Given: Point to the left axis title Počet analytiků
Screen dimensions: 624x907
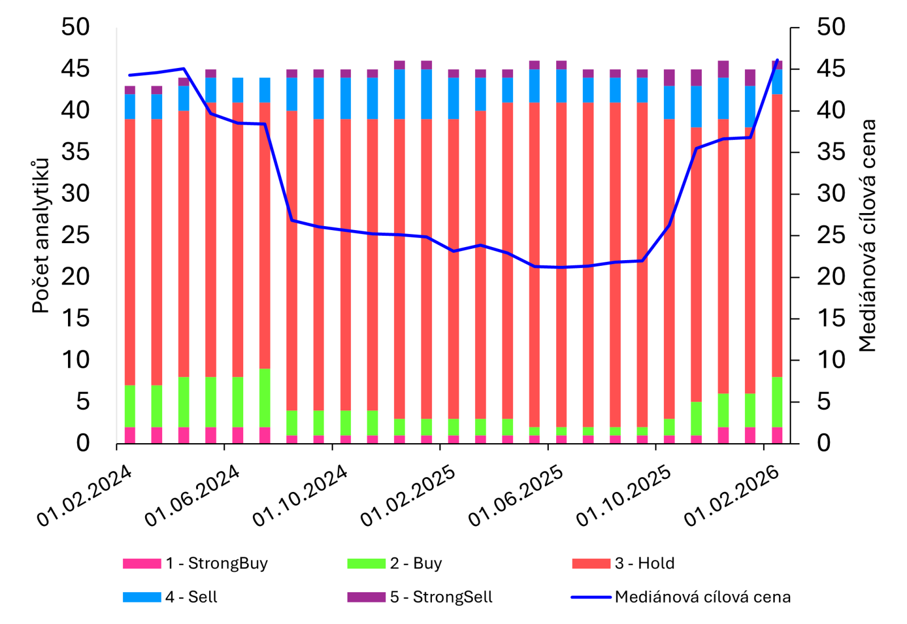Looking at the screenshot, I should click(41, 236).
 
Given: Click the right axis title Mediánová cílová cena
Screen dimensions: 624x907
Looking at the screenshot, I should click(867, 236).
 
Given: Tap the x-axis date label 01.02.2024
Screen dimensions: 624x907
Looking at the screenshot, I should click(85, 495).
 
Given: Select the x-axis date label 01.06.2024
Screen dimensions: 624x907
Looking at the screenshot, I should click(193, 495).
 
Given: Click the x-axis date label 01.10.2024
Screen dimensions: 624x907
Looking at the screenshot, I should click(300, 495).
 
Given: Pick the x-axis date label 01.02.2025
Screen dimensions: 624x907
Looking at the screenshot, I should click(408, 495).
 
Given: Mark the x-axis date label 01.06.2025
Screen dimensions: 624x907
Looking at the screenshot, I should click(516, 495).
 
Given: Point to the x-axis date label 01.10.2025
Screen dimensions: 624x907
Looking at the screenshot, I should click(624, 495).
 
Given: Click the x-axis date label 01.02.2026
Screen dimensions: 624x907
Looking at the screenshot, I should click(732, 495).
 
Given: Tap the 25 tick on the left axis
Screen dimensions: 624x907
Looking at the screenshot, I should click(75, 235).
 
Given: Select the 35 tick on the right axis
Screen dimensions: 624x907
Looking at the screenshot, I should click(830, 152).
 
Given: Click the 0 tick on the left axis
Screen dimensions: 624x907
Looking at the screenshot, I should click(83, 443).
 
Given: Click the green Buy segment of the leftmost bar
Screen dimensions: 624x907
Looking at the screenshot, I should click(130, 406).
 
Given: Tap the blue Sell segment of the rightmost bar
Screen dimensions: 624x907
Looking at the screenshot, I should click(777, 82).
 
